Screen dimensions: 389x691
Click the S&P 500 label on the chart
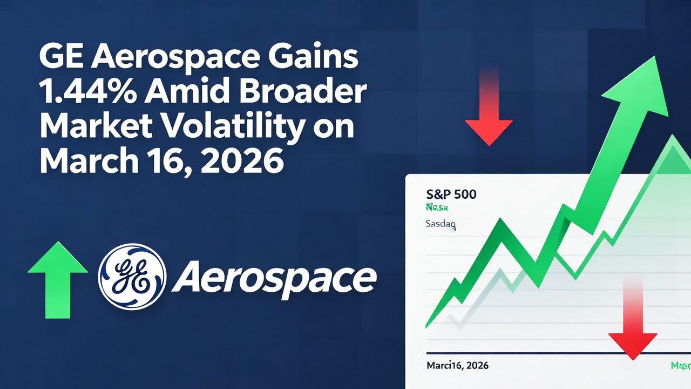(451, 193)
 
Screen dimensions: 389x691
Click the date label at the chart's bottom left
(457, 365)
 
